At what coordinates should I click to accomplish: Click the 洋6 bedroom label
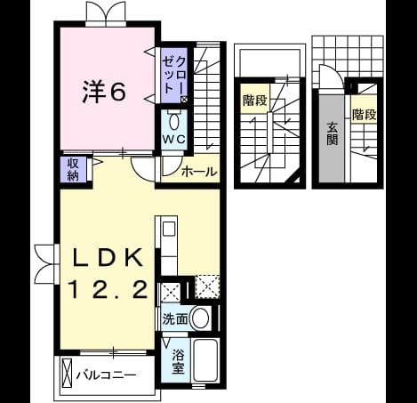tap(104, 92)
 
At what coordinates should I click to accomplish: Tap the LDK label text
tap(108, 258)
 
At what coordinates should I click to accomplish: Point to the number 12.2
tap(108, 290)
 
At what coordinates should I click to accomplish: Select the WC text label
tap(173, 139)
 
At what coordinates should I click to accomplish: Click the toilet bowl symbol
tap(174, 122)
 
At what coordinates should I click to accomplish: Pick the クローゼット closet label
tap(174, 75)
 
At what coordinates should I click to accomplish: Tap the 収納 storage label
tap(73, 170)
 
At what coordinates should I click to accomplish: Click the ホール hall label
tap(199, 172)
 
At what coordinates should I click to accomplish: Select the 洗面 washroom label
tap(175, 319)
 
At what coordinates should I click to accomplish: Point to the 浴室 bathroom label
tap(178, 361)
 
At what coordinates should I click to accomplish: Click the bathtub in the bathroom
tap(205, 360)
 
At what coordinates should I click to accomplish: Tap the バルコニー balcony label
tap(106, 375)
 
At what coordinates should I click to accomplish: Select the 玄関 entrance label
tap(332, 133)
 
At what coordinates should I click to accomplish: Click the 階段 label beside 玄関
tap(364, 115)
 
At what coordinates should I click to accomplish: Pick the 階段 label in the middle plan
tap(255, 101)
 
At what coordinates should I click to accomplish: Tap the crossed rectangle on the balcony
tap(68, 373)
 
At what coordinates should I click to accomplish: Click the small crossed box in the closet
tap(184, 100)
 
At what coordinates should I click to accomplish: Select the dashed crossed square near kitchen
tap(207, 287)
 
